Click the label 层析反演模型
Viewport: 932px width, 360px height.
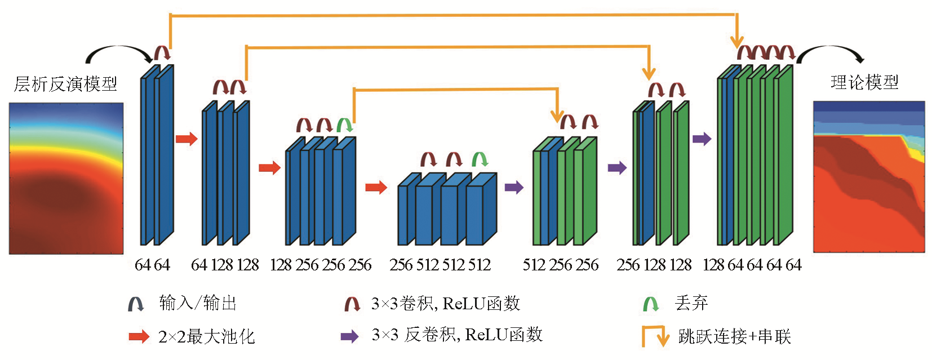click(x=65, y=84)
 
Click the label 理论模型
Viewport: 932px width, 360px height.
click(x=864, y=82)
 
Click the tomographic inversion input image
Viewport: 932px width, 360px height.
click(x=66, y=178)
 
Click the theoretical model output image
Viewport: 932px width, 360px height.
click(x=869, y=177)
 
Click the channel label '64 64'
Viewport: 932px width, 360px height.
click(x=152, y=265)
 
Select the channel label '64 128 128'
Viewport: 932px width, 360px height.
click(x=225, y=265)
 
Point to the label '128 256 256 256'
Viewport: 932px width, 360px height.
click(x=321, y=265)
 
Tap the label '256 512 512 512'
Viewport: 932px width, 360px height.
click(x=440, y=265)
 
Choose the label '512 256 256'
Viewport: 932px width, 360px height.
click(x=561, y=265)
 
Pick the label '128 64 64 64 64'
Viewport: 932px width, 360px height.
click(x=752, y=265)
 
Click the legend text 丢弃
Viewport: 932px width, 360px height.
click(x=691, y=303)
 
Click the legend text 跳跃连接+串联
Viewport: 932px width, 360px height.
click(x=735, y=336)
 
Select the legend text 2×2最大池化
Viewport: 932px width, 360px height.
click(x=207, y=337)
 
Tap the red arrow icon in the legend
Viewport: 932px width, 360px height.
click(x=139, y=337)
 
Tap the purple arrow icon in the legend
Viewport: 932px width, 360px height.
click(x=349, y=337)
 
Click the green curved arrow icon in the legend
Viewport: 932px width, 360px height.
click(x=651, y=304)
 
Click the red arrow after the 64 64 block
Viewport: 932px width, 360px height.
click(x=187, y=139)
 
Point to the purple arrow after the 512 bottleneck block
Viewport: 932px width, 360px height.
click(x=514, y=187)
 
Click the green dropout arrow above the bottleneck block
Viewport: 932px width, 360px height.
click(x=480, y=159)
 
